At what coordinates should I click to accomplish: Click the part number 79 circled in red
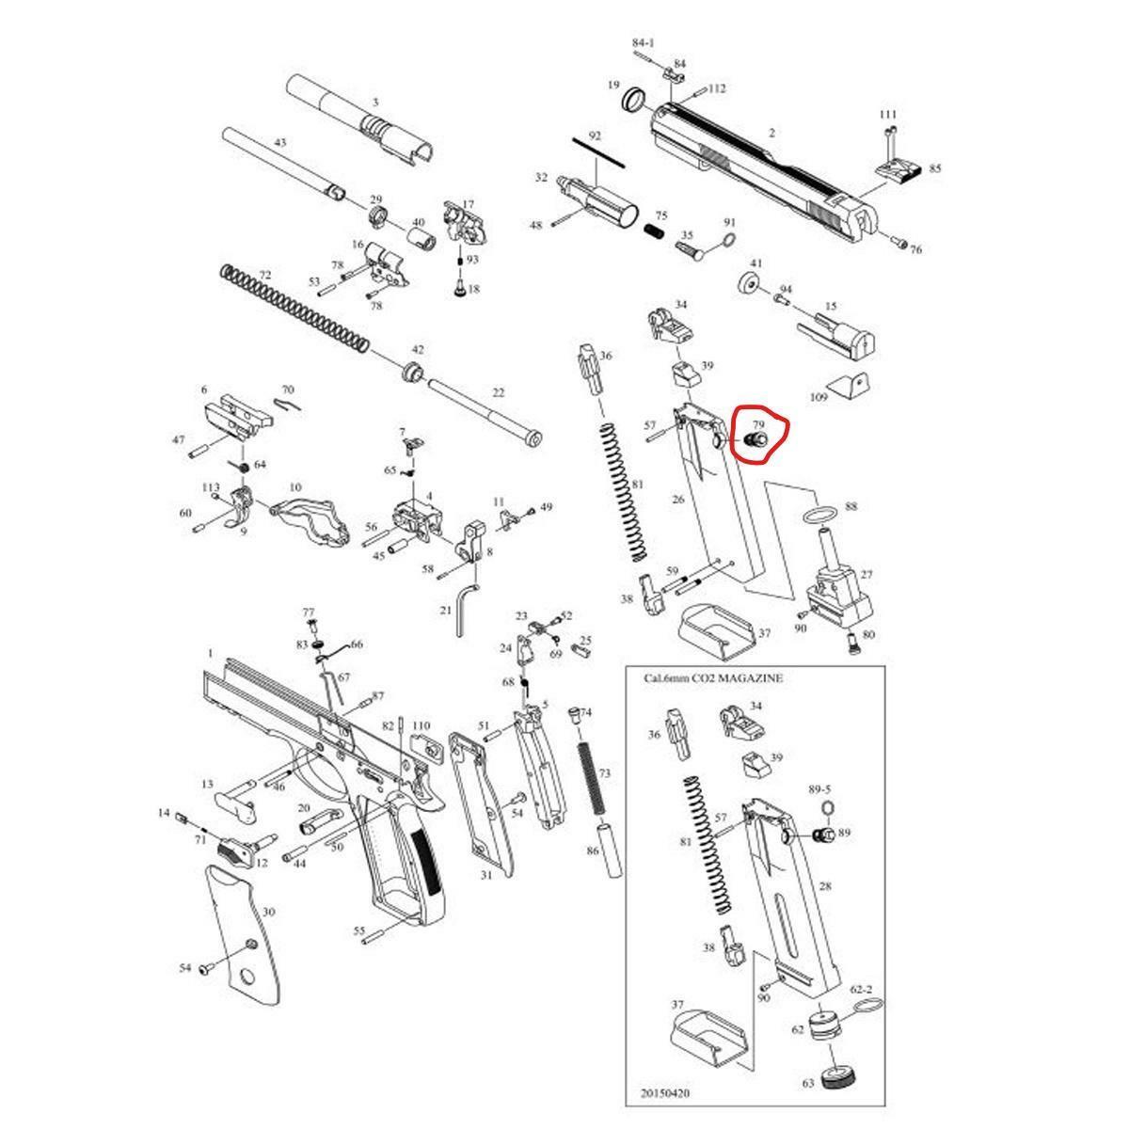click(758, 424)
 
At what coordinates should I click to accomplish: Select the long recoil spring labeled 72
click(294, 309)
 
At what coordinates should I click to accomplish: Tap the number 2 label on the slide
click(771, 133)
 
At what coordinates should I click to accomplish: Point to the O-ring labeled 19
click(633, 99)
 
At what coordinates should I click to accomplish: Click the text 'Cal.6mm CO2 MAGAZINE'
click(713, 678)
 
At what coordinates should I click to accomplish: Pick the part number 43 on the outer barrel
click(280, 142)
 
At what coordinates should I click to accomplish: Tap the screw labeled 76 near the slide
click(898, 242)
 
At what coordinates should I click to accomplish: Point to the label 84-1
click(644, 42)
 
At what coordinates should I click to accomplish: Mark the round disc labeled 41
click(749, 283)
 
